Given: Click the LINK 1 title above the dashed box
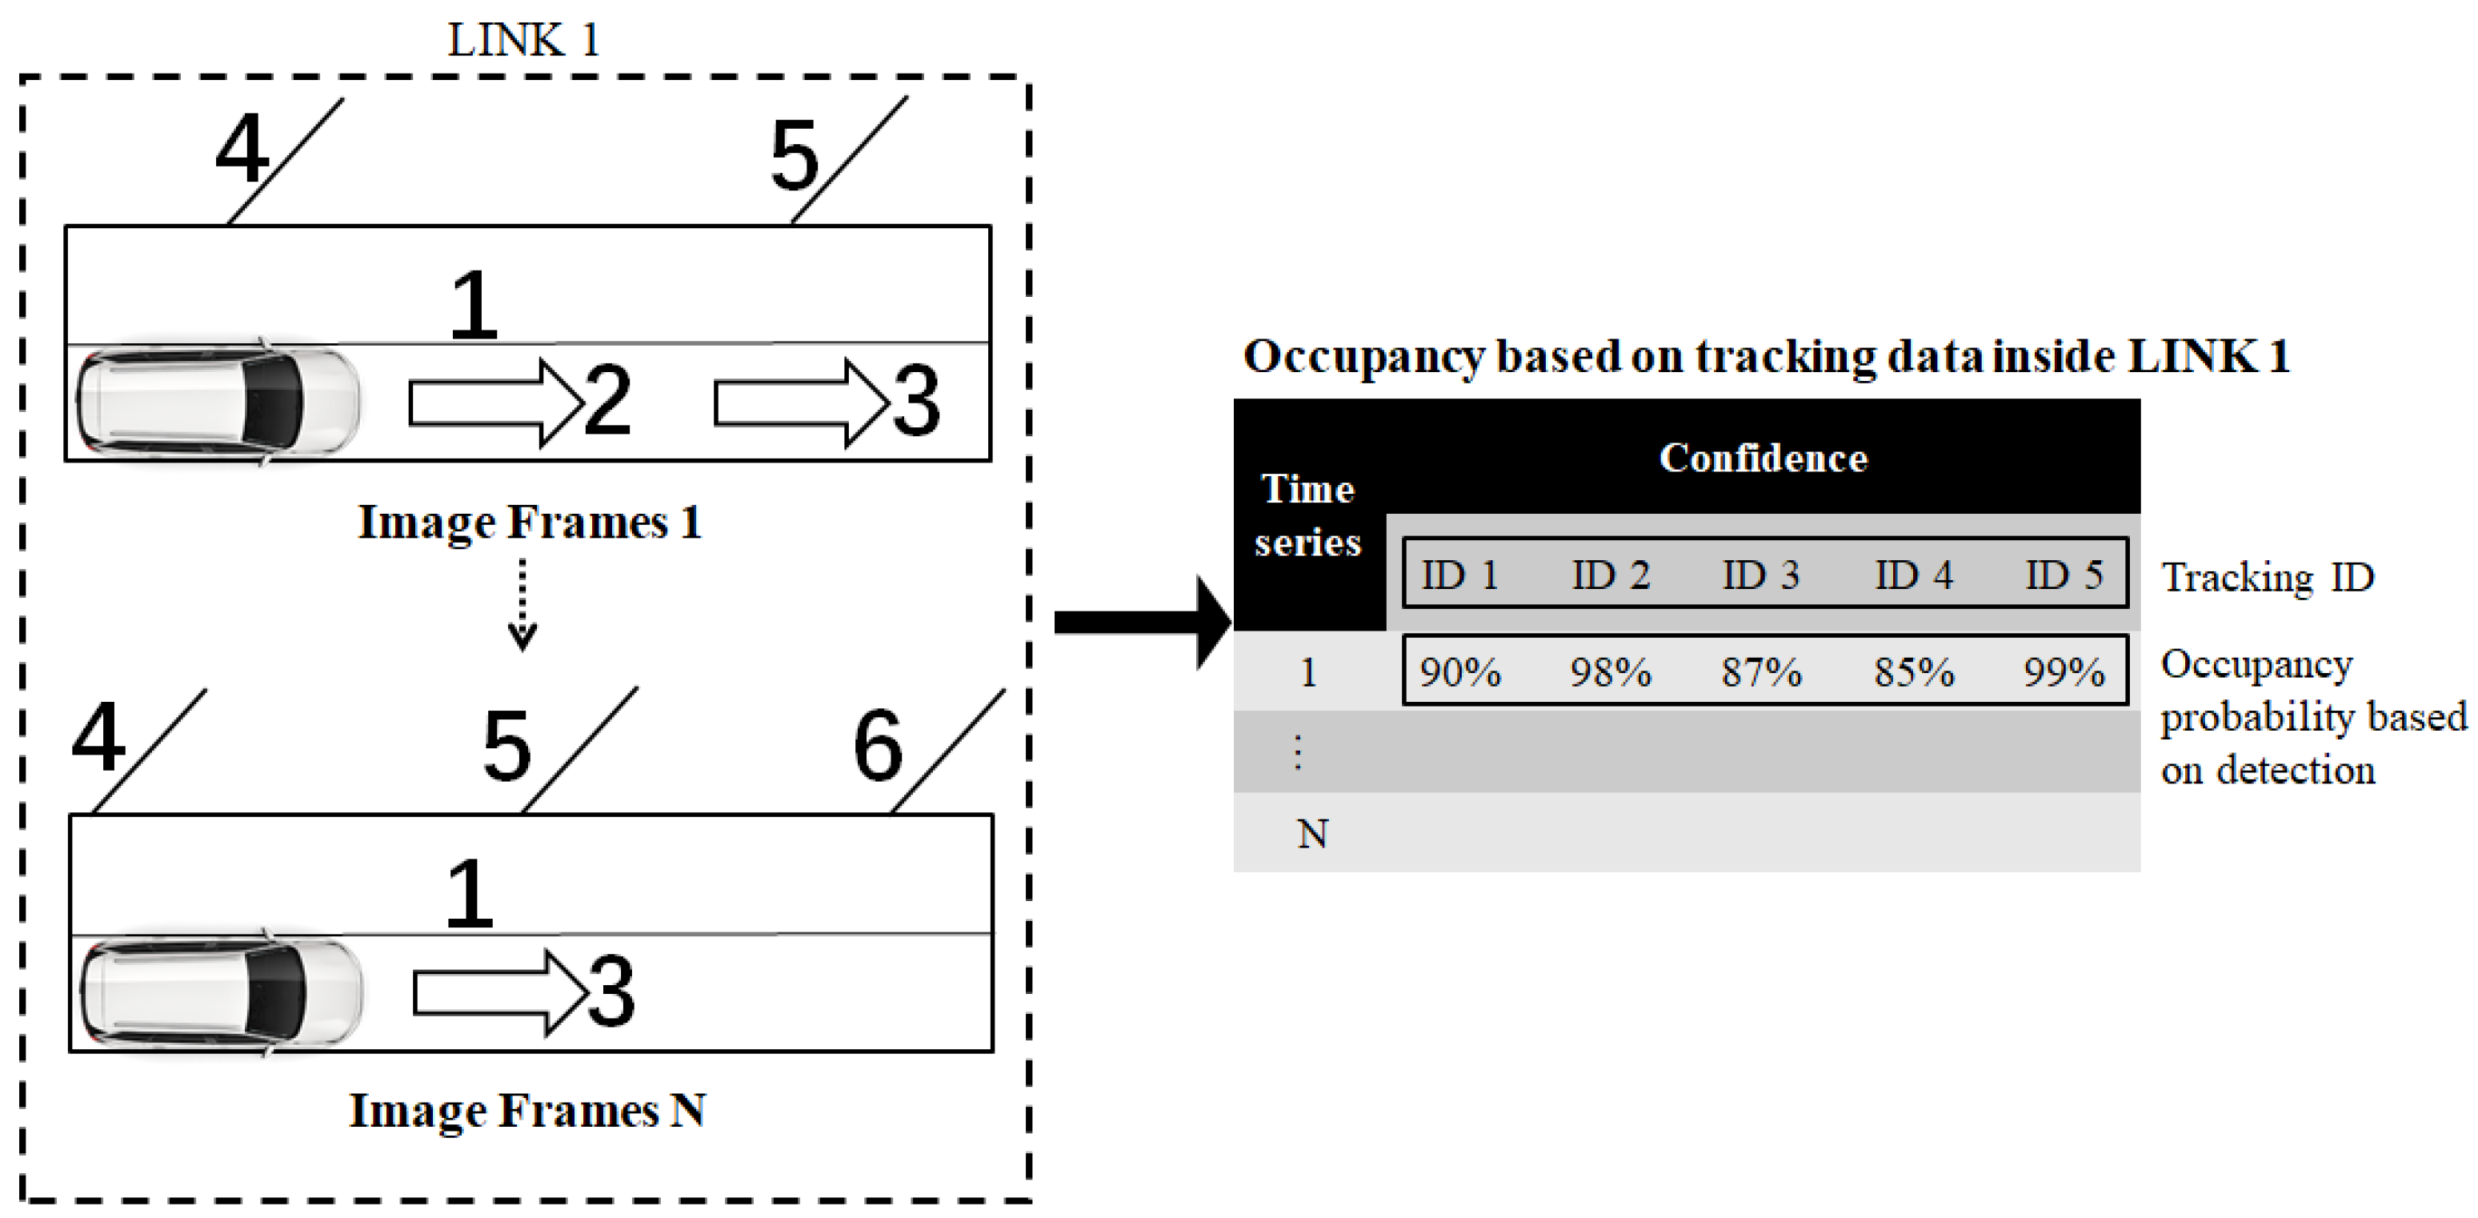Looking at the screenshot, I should pos(523,40).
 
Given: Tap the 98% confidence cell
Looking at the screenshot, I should pos(1611,671).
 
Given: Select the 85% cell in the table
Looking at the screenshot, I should pos(1913,671).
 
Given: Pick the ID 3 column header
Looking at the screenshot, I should pos(1760,575).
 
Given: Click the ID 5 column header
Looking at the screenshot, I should pos(2064,575).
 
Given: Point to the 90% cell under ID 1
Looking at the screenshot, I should pos(1460,671).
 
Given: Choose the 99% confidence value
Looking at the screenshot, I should pos(2064,671).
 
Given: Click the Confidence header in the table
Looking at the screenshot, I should pos(1763,458).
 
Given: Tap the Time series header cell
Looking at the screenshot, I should pos(1308,515).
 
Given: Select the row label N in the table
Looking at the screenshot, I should pos(1313,834).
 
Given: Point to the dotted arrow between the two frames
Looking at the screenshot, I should pos(522,604).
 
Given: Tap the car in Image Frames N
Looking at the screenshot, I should pos(222,992).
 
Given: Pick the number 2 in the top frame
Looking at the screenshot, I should pos(607,401).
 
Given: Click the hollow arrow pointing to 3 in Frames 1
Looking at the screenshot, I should pos(799,403).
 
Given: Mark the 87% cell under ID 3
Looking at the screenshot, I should pos(1761,671).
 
